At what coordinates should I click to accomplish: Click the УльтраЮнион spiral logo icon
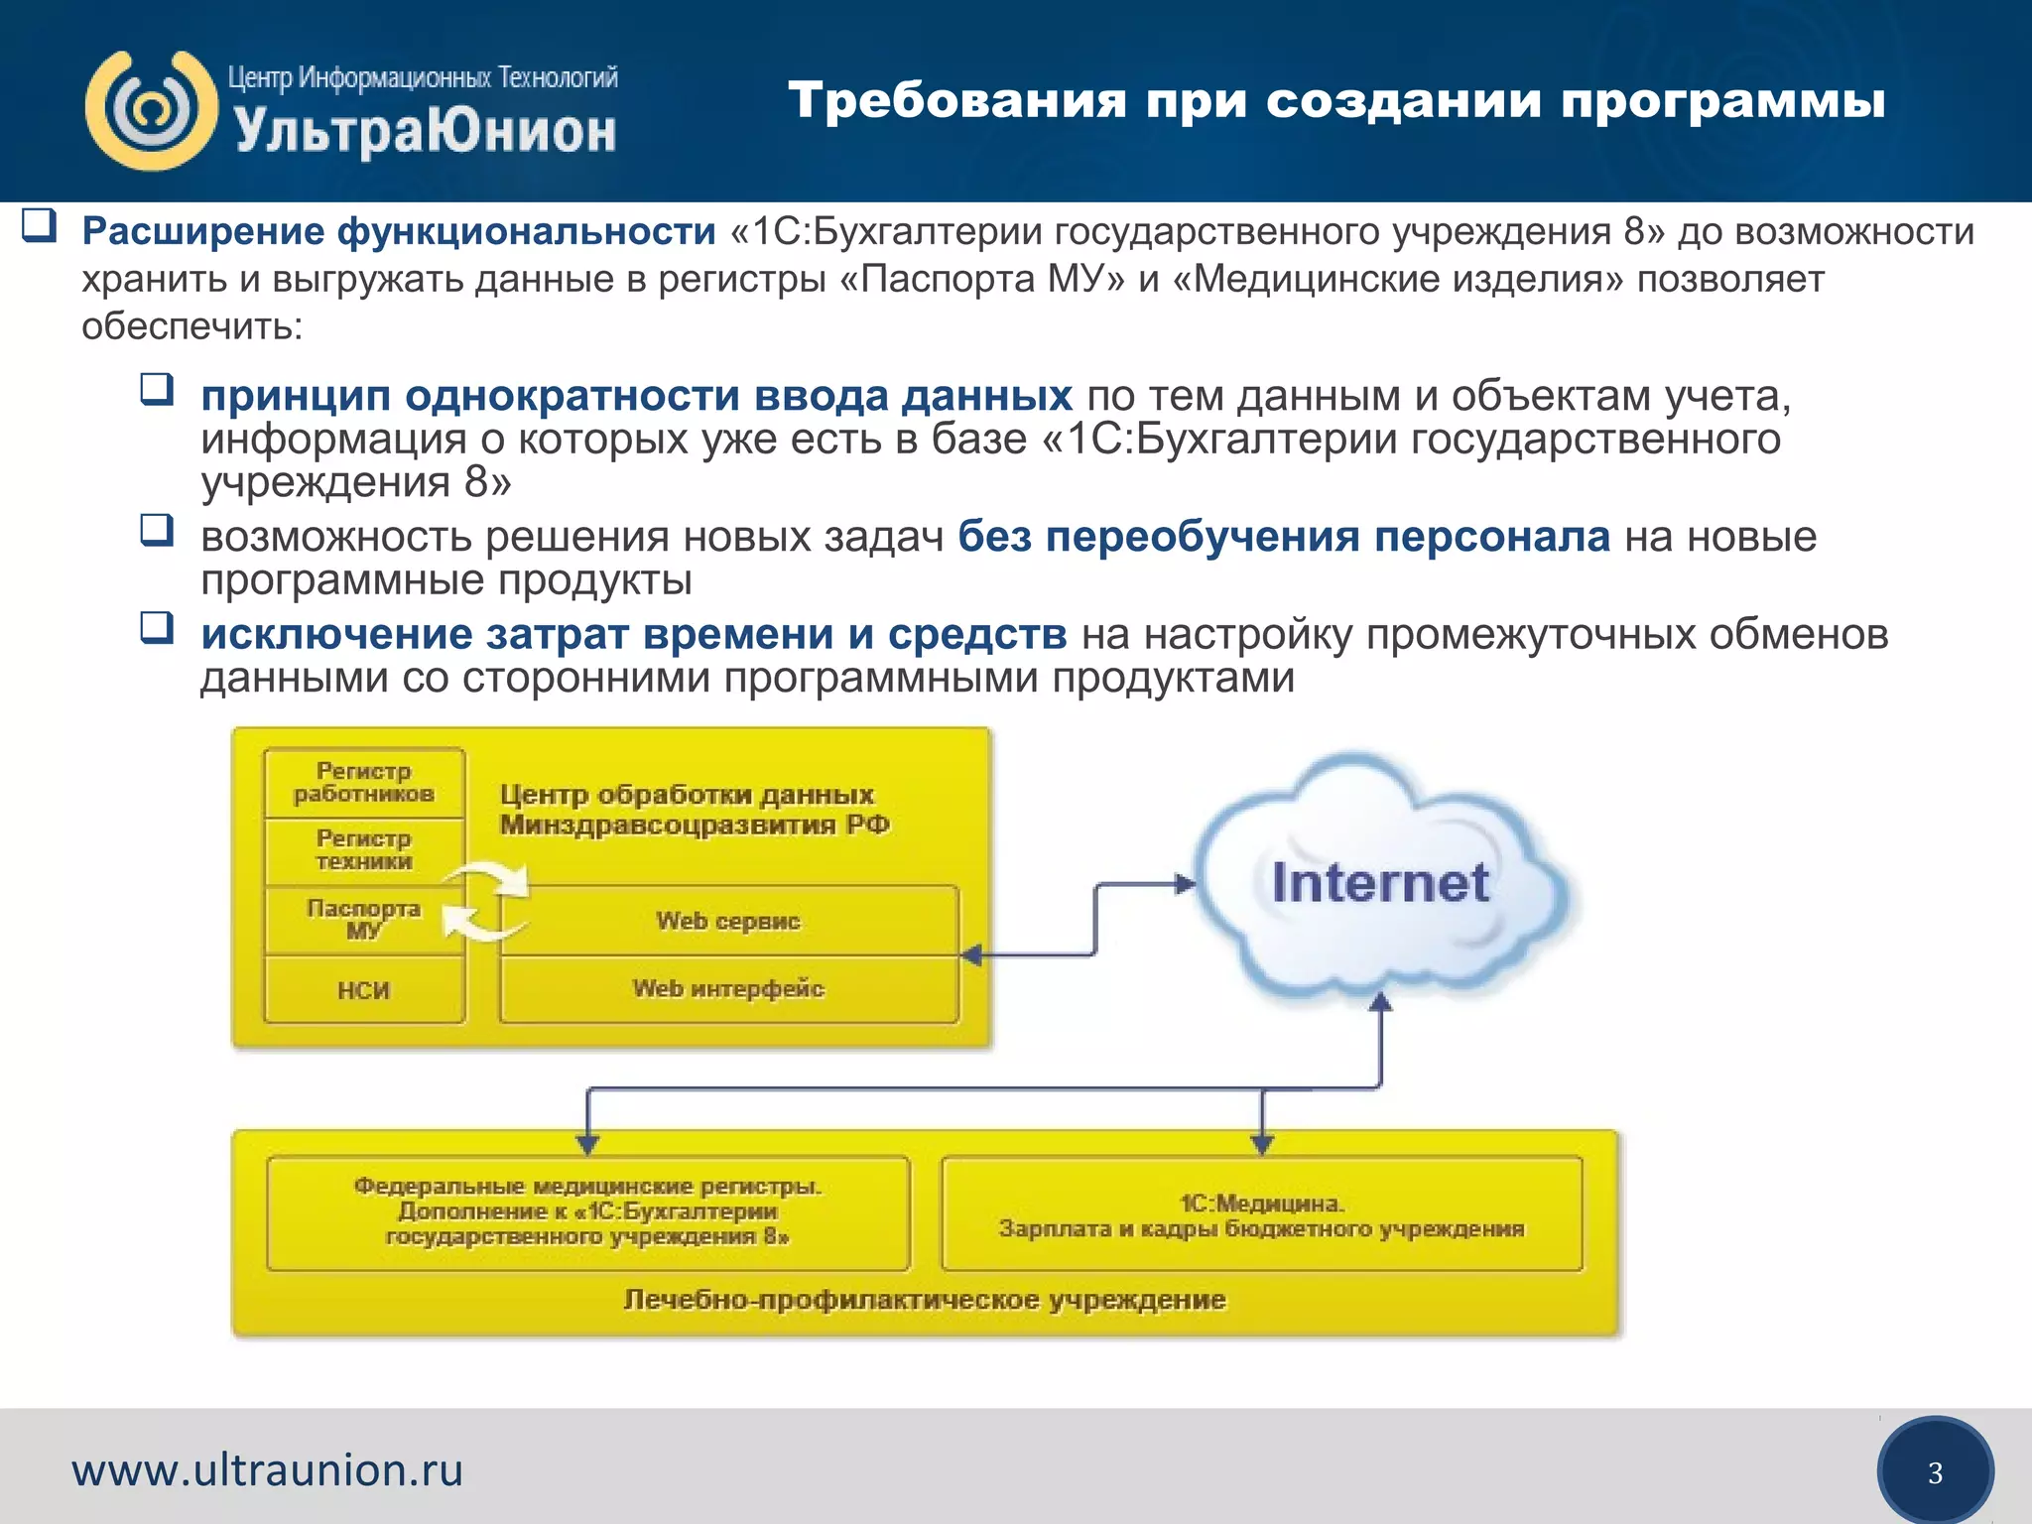pos(151,110)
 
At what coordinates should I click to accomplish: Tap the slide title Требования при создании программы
pos(1335,101)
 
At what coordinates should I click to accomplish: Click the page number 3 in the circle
pos(1935,1472)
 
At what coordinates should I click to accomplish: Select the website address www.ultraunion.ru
pos(267,1469)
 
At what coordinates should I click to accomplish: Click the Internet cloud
pos(1380,883)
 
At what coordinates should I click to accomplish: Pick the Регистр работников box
pos(364,783)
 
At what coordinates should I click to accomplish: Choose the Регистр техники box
pos(364,850)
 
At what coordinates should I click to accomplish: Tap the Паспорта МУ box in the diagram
pos(364,920)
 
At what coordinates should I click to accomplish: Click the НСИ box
pos(364,990)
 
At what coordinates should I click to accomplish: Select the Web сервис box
pos(728,921)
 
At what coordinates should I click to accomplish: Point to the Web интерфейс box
pos(728,989)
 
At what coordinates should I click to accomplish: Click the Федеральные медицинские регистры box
pos(587,1211)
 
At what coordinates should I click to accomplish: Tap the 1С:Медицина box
pos(1261,1215)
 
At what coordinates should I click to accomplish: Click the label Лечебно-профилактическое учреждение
pos(925,1300)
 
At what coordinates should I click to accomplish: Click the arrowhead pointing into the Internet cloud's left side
pos(1186,883)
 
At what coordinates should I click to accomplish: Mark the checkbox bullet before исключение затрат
pos(157,627)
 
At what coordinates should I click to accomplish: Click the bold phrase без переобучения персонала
pos(1283,537)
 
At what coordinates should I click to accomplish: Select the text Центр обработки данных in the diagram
pos(687,795)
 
